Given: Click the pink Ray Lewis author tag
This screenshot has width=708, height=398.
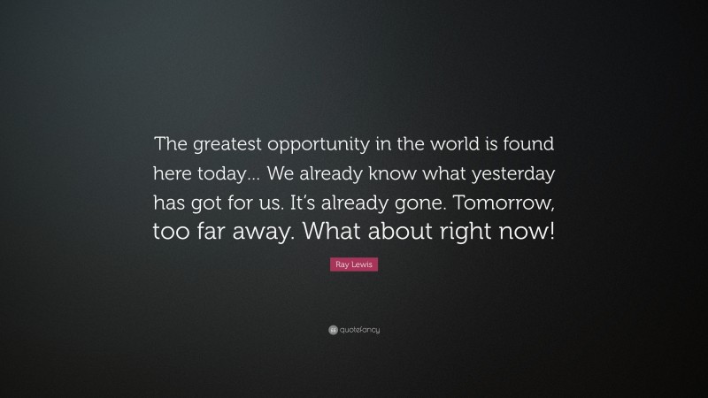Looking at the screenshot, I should pyautogui.click(x=354, y=264).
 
